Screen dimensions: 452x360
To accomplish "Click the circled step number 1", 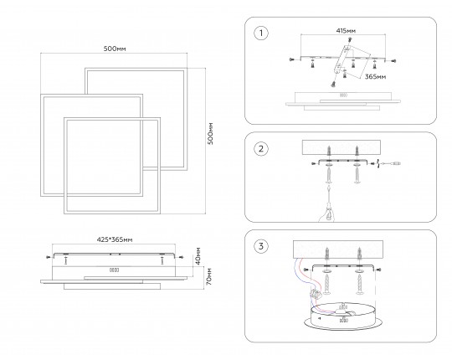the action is [261, 33].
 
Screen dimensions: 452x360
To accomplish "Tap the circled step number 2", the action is [261, 149].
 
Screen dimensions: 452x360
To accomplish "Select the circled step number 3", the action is [261, 246].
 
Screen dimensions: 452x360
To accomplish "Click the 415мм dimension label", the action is [346, 30].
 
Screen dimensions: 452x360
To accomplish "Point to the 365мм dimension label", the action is [375, 77].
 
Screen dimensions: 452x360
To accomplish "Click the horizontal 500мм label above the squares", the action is [115, 49].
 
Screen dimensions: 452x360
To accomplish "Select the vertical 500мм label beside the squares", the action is [211, 133].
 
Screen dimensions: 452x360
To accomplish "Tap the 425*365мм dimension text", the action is [115, 239].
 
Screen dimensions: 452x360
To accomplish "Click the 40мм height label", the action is [198, 256].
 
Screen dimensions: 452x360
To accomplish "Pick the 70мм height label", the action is [209, 277].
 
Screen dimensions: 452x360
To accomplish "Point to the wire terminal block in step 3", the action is [315, 294].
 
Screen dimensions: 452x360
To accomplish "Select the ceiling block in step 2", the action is [342, 147].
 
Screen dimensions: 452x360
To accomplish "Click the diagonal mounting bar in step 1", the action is [342, 59].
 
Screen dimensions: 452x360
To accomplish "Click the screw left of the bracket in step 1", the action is [291, 59].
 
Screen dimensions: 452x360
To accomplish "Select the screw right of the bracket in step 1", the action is [393, 61].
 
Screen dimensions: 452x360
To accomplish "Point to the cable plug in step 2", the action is [395, 163].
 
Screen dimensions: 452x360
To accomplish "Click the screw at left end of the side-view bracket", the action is [49, 257].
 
